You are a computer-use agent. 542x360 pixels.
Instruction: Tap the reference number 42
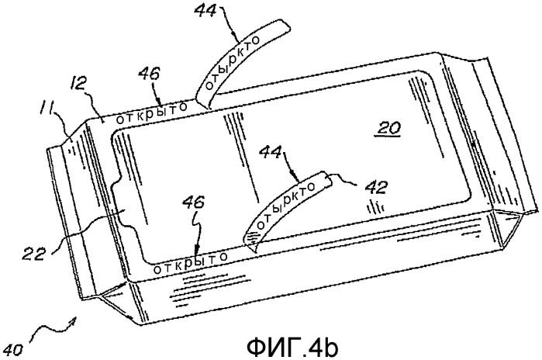375,187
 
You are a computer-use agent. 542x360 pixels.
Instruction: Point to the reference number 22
36,254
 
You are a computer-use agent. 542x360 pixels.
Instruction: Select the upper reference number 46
149,74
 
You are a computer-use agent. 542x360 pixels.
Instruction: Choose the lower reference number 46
194,203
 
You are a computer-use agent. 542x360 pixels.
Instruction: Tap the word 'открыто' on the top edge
151,113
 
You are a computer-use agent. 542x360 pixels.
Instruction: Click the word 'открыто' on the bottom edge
190,262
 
